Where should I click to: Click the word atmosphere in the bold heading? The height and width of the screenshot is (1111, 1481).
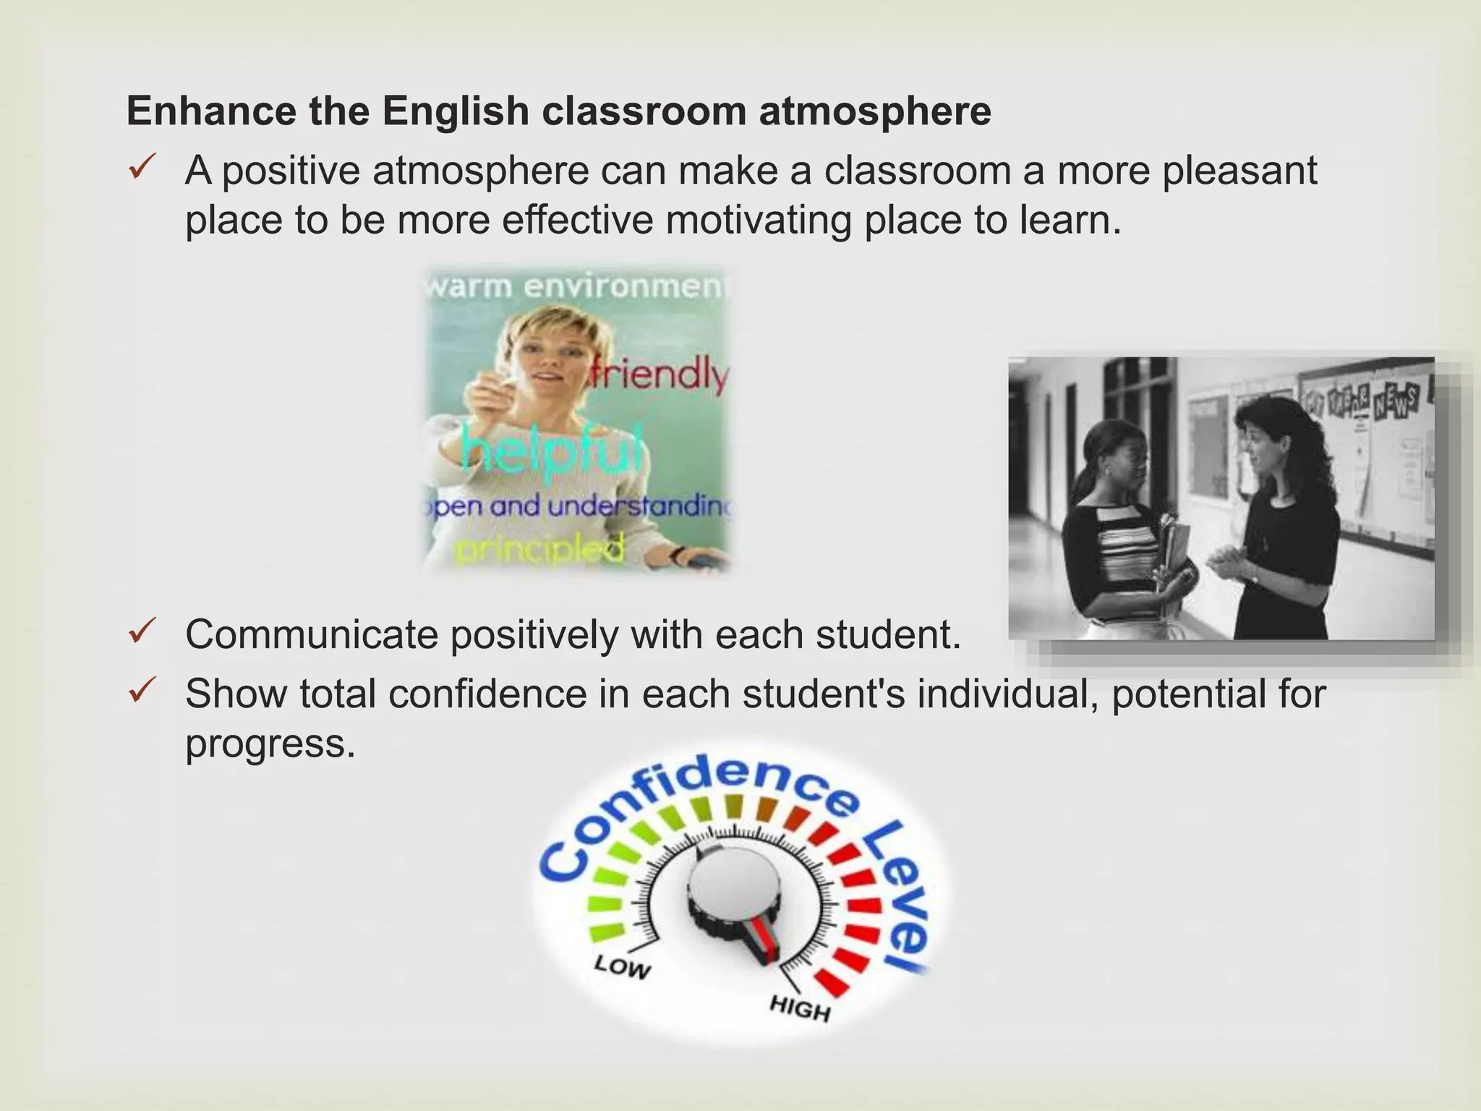(x=874, y=111)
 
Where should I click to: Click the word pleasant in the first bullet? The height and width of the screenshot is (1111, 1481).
(x=1239, y=171)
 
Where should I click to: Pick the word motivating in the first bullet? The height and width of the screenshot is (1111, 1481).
(x=758, y=221)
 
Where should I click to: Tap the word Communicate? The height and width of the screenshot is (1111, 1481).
(x=312, y=634)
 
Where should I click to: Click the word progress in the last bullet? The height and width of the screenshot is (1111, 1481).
(x=270, y=744)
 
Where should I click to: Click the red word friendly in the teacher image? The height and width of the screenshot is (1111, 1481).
(x=658, y=376)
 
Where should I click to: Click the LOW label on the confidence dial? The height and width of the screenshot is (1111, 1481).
(x=622, y=967)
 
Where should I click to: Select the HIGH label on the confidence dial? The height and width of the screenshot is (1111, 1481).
(x=799, y=1008)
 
